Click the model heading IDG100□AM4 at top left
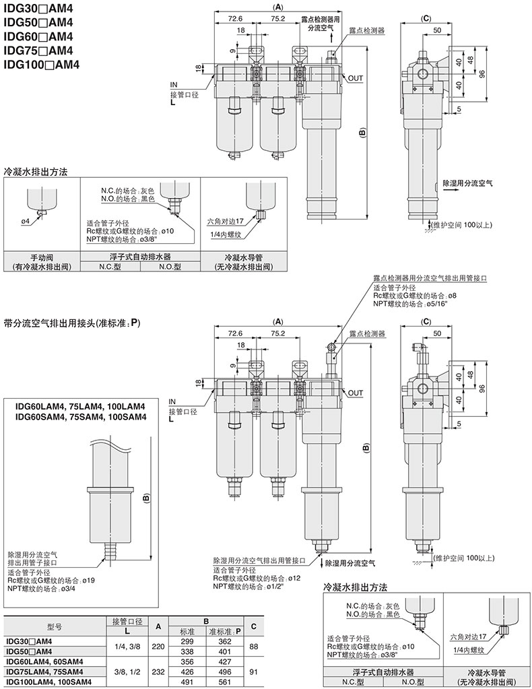pos(42,65)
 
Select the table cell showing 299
pos(188,641)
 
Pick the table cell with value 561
pos(225,682)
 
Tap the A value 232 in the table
pos(158,671)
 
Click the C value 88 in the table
pos(253,647)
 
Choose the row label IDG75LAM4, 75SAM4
pos(45,671)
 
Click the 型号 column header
pos(55,626)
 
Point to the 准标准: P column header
pos(225,632)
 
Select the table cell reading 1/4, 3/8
pos(127,647)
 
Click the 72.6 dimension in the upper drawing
pos(235,18)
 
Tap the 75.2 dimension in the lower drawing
pos(277,333)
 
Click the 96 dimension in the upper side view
pos(482,74)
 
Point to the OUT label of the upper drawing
pos(356,78)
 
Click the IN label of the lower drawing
pos(172,401)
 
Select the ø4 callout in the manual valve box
pos(26,221)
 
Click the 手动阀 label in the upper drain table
pos(42,257)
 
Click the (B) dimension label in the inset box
pos(147,498)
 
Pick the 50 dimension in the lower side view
pos(437,333)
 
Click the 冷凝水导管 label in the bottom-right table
pos(487,672)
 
